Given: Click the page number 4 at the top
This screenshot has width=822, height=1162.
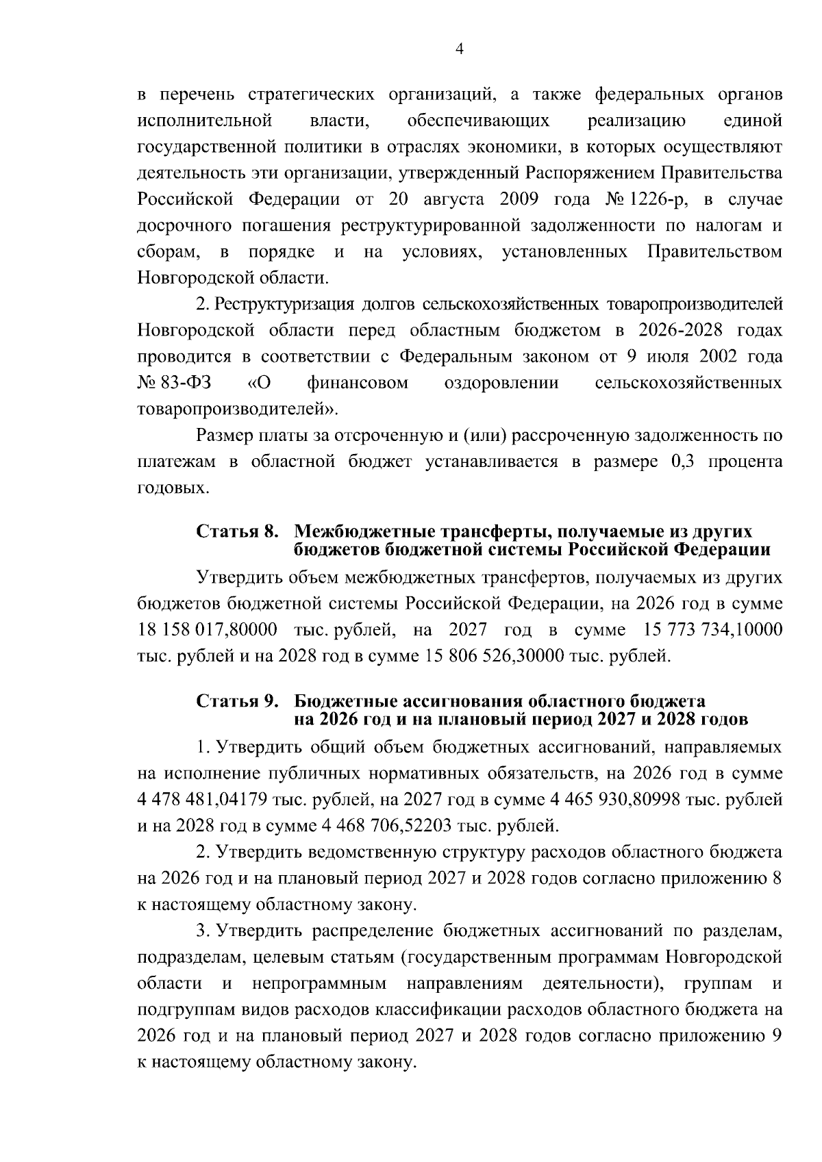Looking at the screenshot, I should point(459,49).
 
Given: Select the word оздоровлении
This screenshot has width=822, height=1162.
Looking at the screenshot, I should point(501,383).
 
